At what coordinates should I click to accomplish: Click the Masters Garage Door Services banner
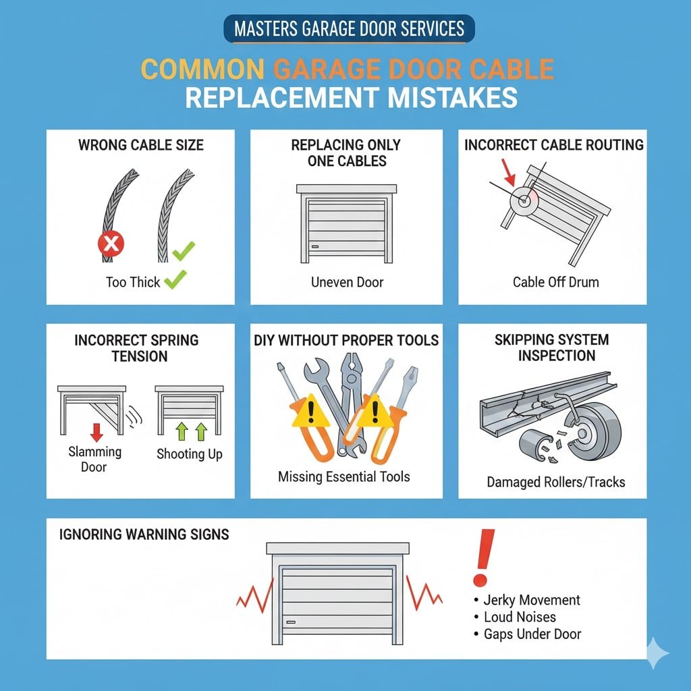pos(349,29)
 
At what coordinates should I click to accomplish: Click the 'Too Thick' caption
pos(133,282)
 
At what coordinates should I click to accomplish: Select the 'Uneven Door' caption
pos(347,282)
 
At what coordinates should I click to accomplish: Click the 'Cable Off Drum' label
pos(555,282)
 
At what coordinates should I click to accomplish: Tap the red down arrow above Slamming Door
pos(96,432)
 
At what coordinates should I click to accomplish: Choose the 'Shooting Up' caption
pos(189,453)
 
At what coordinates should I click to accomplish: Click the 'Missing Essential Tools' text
pos(343,476)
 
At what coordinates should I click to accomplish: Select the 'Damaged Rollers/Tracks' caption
pos(555,482)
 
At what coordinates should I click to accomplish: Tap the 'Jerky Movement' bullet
pos(531,600)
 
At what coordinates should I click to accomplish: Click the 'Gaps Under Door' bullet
pos(532,634)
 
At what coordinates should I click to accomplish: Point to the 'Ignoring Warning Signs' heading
pos(144,535)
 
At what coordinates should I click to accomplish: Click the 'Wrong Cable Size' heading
pos(140,145)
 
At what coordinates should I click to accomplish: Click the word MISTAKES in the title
pos(452,97)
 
